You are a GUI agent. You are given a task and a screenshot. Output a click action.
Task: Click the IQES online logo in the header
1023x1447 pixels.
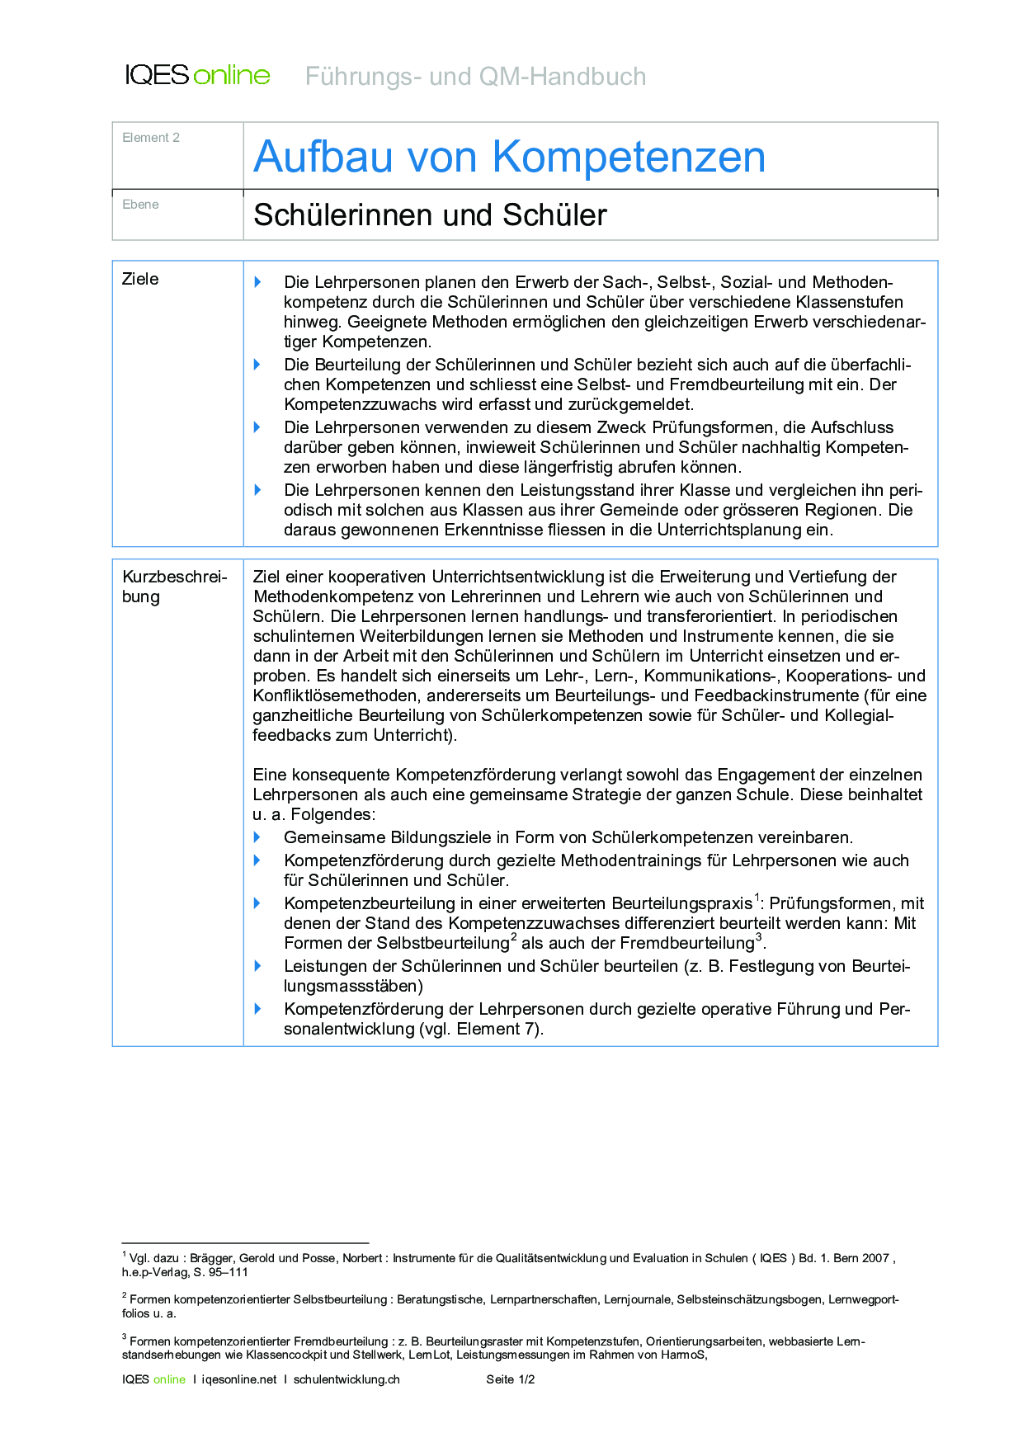[x=197, y=75]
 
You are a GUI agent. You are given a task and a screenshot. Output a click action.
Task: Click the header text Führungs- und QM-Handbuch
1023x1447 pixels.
[x=475, y=77]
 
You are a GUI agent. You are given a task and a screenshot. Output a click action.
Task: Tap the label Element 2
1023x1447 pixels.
[x=151, y=138]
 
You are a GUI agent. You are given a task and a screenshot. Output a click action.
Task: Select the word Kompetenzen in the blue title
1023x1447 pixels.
[x=629, y=157]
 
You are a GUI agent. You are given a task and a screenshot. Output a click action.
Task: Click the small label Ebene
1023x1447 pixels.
[x=140, y=205]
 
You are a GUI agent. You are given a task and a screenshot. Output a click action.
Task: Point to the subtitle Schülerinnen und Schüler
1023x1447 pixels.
[x=430, y=215]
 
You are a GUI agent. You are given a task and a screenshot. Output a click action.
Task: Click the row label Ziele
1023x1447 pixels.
[x=140, y=280]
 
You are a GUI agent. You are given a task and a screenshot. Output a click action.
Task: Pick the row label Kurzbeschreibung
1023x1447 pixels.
[x=174, y=587]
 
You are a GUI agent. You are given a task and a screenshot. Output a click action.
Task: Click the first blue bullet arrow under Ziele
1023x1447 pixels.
[x=257, y=282]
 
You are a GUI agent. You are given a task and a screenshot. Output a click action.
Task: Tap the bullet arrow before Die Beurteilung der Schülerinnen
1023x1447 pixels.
[x=257, y=365]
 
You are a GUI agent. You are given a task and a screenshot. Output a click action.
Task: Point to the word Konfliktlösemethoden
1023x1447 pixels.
[x=334, y=695]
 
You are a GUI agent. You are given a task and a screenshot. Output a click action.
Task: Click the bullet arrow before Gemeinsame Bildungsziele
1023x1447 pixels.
[x=257, y=837]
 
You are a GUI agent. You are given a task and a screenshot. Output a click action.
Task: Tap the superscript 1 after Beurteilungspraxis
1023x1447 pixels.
[x=757, y=898]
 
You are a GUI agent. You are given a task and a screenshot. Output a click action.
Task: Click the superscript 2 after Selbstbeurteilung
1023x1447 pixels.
[x=513, y=938]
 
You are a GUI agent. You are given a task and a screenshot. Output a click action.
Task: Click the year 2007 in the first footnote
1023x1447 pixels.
[x=875, y=1258]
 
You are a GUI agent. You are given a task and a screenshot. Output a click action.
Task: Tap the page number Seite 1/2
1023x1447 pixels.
[x=511, y=1379]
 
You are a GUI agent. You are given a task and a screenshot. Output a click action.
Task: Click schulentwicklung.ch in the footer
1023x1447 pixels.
[x=346, y=1379]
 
